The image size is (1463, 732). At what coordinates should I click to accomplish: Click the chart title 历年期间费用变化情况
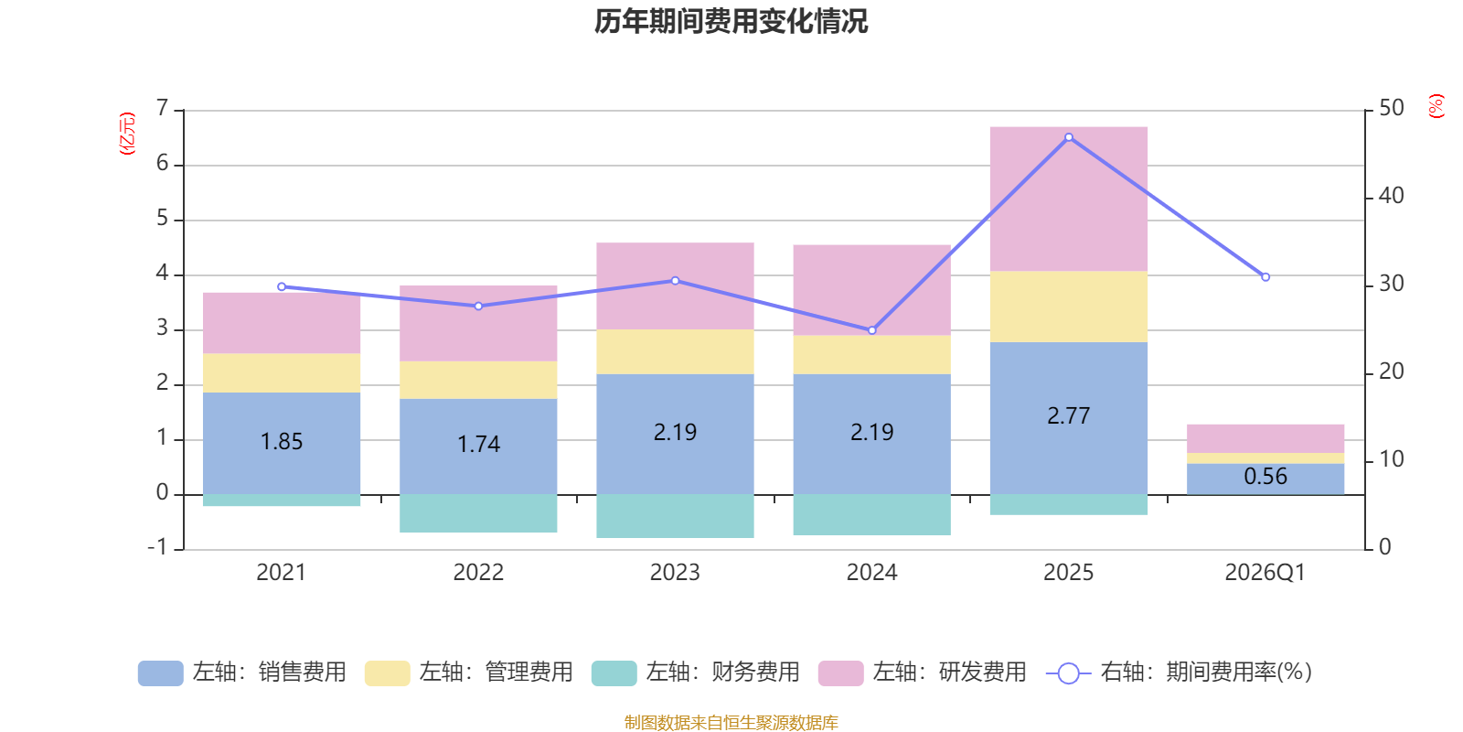click(731, 21)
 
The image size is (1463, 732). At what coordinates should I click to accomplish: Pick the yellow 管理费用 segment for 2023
click(675, 351)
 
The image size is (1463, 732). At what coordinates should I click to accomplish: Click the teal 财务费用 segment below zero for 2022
click(478, 513)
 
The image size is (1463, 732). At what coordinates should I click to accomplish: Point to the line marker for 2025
click(1069, 137)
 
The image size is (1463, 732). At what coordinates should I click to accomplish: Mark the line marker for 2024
click(872, 330)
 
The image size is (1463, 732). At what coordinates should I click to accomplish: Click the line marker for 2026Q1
click(1265, 276)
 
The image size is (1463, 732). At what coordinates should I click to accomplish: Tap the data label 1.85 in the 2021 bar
click(282, 442)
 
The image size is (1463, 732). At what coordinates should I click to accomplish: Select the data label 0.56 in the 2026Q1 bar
click(1265, 477)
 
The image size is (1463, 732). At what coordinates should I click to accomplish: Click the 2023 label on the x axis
click(675, 573)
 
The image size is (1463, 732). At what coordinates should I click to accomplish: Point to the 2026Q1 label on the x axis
click(1265, 573)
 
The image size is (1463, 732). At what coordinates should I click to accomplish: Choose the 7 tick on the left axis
click(163, 109)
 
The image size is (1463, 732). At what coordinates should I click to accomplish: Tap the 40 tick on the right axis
click(1391, 196)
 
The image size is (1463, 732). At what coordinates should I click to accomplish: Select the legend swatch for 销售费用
click(160, 673)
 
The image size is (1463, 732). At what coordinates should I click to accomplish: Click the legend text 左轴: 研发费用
click(949, 673)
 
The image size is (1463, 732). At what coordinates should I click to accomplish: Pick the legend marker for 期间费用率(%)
click(1068, 673)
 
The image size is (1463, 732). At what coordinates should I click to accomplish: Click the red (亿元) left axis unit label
click(127, 134)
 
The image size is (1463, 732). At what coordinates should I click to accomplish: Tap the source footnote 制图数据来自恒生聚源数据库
click(731, 723)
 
